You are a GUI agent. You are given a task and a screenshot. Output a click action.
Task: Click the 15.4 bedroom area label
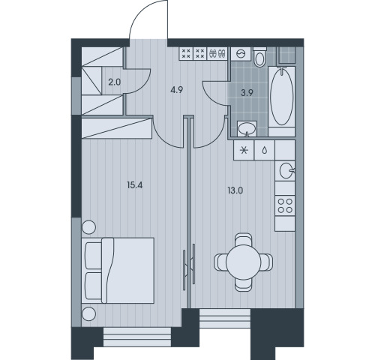pos(134,185)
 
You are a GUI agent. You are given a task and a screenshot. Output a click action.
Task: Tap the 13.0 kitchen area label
pos(235,190)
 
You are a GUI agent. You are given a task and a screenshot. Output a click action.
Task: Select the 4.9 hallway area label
pos(177,90)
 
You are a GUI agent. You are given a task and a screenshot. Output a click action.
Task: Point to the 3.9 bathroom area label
pos(247,93)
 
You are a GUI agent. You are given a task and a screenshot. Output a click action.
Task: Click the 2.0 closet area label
pos(115,82)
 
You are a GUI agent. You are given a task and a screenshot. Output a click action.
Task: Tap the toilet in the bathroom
pos(259,57)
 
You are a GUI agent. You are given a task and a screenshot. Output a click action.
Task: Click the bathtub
pos(282,96)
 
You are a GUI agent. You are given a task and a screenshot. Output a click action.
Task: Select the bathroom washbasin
pos(247,129)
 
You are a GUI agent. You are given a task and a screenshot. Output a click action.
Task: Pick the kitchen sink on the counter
pos(286,171)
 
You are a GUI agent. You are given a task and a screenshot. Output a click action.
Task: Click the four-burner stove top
pos(285,205)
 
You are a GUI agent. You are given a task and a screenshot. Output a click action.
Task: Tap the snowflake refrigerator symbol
pos(244,150)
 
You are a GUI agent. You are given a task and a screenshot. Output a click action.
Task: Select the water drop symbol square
pos(264,150)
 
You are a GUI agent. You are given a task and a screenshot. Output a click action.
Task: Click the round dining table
pos(244,262)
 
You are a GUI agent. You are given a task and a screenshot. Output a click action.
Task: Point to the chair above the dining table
pos(244,239)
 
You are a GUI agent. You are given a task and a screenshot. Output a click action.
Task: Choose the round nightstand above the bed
pos(88,227)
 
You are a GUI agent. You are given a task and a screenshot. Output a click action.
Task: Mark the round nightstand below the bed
pos(88,313)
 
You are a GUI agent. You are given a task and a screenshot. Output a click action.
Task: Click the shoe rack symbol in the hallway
pos(217,53)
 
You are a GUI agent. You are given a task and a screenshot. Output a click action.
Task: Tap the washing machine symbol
pos(241,54)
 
